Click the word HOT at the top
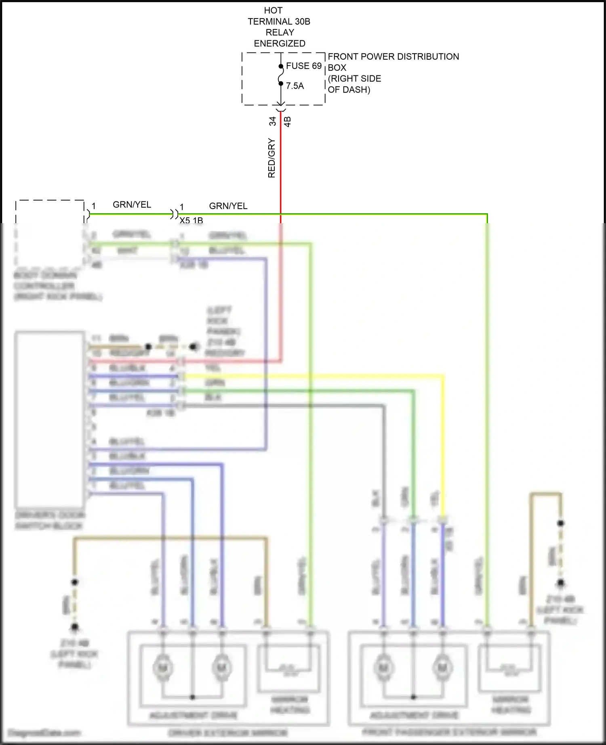pos(273,10)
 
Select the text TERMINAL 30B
pos(279,21)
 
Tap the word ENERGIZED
pos(280,43)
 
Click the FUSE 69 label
pos(304,66)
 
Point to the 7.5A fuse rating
pos(295,86)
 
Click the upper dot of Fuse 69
pos(281,67)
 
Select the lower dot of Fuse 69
pos(281,84)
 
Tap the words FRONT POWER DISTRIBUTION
pos(393,57)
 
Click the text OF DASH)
pos(349,90)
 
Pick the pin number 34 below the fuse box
pos(273,121)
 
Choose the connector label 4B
pos(288,121)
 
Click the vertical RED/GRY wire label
pos(271,158)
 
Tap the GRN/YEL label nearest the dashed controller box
pos(132,205)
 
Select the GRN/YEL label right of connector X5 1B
pos(228,206)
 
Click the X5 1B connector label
pos(191,220)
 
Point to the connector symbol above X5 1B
pos(174,213)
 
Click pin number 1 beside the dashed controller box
pos(94,206)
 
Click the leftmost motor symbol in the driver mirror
pos(163,668)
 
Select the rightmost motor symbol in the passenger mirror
pos(442,668)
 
